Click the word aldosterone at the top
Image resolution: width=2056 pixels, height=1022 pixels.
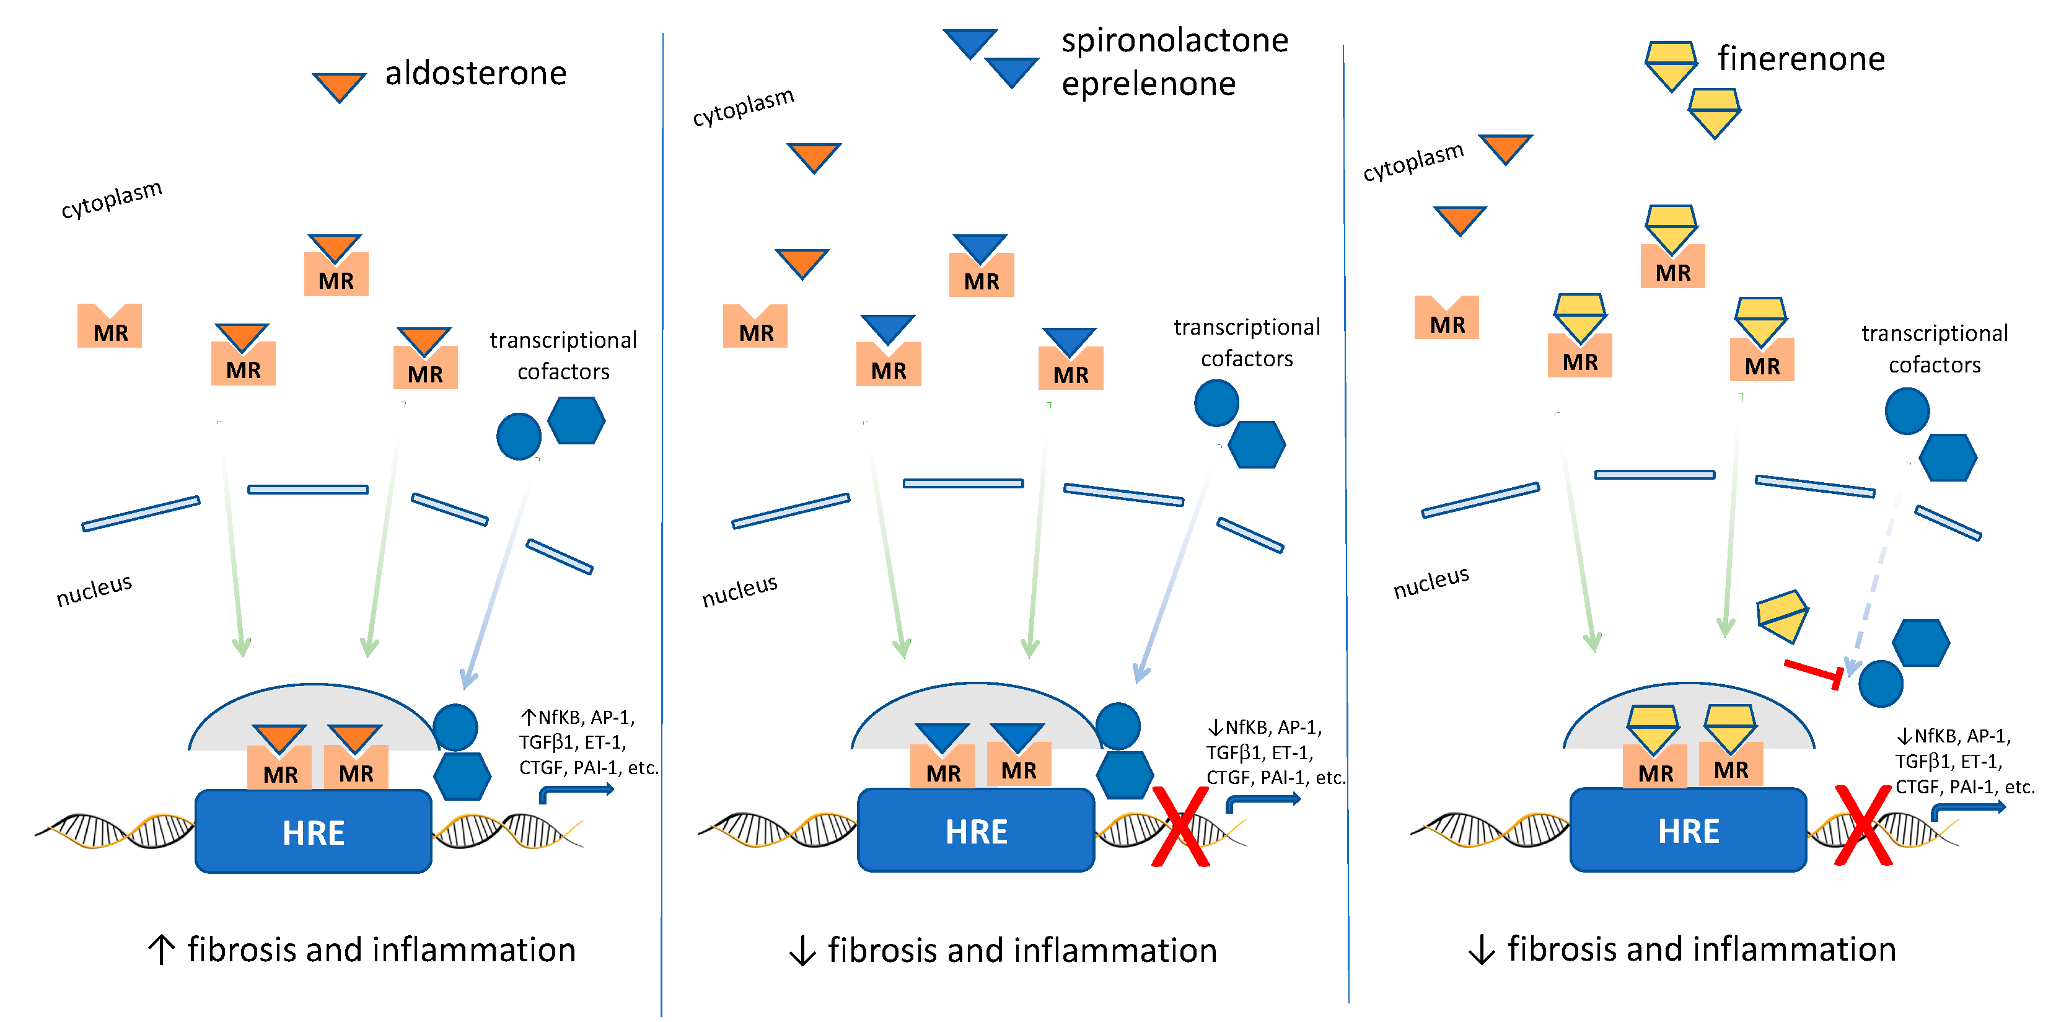476,74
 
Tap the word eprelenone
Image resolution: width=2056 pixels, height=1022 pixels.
1148,84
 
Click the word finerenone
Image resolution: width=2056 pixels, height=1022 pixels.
1801,59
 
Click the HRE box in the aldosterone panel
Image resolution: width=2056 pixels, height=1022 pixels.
313,832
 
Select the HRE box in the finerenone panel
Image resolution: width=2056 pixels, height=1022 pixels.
1687,830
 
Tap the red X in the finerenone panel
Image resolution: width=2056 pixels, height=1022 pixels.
1863,826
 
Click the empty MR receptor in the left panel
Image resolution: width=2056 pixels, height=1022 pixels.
109,326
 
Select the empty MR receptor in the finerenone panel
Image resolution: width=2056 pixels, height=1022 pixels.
1446,318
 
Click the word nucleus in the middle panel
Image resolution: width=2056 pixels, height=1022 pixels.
739,590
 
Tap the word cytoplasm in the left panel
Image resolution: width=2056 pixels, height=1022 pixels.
111,199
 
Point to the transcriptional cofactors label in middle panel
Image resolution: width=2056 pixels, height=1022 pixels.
1246,343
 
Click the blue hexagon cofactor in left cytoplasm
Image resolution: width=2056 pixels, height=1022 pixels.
576,421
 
